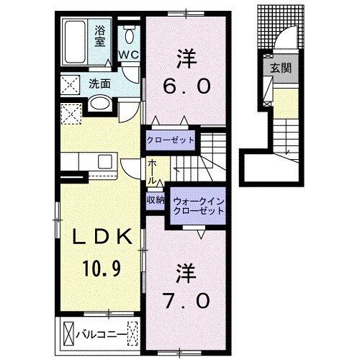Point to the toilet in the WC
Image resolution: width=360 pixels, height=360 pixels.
point(129,36)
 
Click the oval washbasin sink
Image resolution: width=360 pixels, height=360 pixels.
point(100,105)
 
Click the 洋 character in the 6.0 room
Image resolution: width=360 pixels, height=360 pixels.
point(184,55)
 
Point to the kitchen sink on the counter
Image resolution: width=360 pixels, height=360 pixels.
point(103,160)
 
